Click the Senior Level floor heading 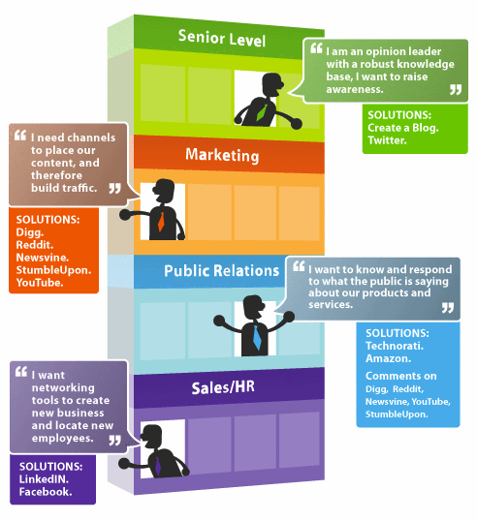(x=222, y=38)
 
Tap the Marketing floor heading (x=222, y=155)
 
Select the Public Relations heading (x=222, y=271)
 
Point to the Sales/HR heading (x=223, y=387)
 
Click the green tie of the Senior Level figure (x=262, y=112)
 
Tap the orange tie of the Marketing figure (x=161, y=222)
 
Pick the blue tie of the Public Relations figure (x=257, y=338)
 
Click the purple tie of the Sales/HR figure (x=158, y=466)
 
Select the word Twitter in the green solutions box (x=387, y=140)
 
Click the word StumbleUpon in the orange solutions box (x=53, y=270)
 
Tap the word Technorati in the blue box (x=395, y=346)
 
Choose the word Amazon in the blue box (x=388, y=358)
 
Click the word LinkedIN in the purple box (x=44, y=479)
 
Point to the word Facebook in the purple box (x=46, y=492)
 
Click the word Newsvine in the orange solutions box (x=43, y=258)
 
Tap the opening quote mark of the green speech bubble (x=316, y=48)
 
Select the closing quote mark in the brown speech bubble (x=115, y=189)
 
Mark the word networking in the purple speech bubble (x=63, y=388)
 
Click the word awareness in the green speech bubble (x=355, y=89)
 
